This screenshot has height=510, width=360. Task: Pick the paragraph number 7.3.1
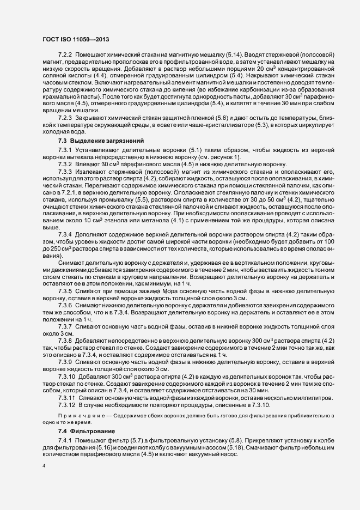(x=65, y=149)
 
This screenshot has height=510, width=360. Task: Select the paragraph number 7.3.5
(x=65, y=292)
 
